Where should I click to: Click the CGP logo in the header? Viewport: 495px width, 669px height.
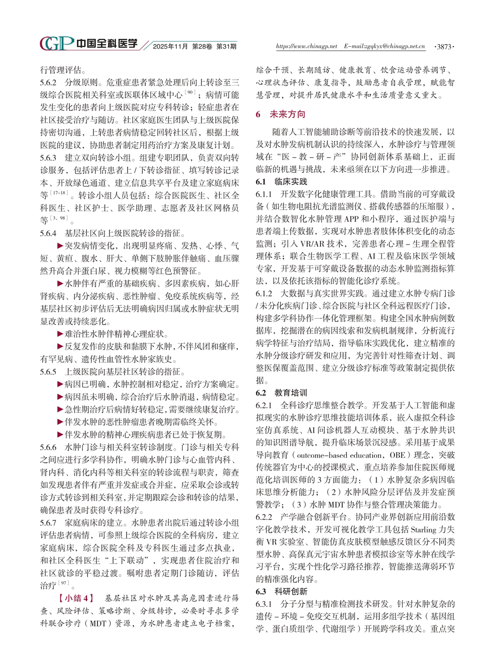pos(56,44)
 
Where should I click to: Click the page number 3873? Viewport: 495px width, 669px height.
pos(444,46)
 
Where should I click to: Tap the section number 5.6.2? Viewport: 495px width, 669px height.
pos(48,82)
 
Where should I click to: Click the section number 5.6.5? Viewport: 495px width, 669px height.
pos(48,372)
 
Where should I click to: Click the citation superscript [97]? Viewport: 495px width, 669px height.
pos(64,583)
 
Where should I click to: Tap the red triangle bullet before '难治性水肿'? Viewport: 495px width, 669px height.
pos(60,334)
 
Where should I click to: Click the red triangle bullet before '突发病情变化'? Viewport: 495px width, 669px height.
pos(60,246)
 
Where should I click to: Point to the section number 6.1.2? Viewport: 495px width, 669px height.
pos(265,294)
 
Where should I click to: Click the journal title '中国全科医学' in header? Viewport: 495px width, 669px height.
pos(107,44)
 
